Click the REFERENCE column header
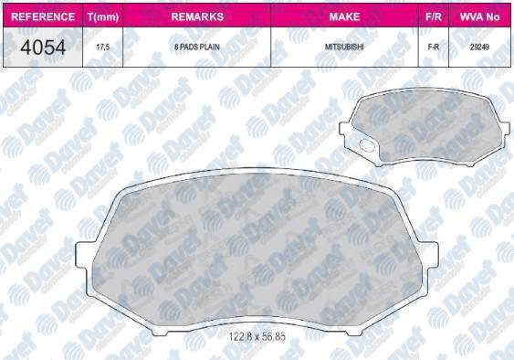(43, 16)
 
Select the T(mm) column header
(103, 16)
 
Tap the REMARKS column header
(197, 16)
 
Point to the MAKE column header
(344, 16)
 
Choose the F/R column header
(434, 16)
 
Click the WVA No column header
(479, 16)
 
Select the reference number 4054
(43, 48)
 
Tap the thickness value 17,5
(103, 48)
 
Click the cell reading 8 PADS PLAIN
(197, 48)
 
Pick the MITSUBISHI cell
(344, 47)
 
